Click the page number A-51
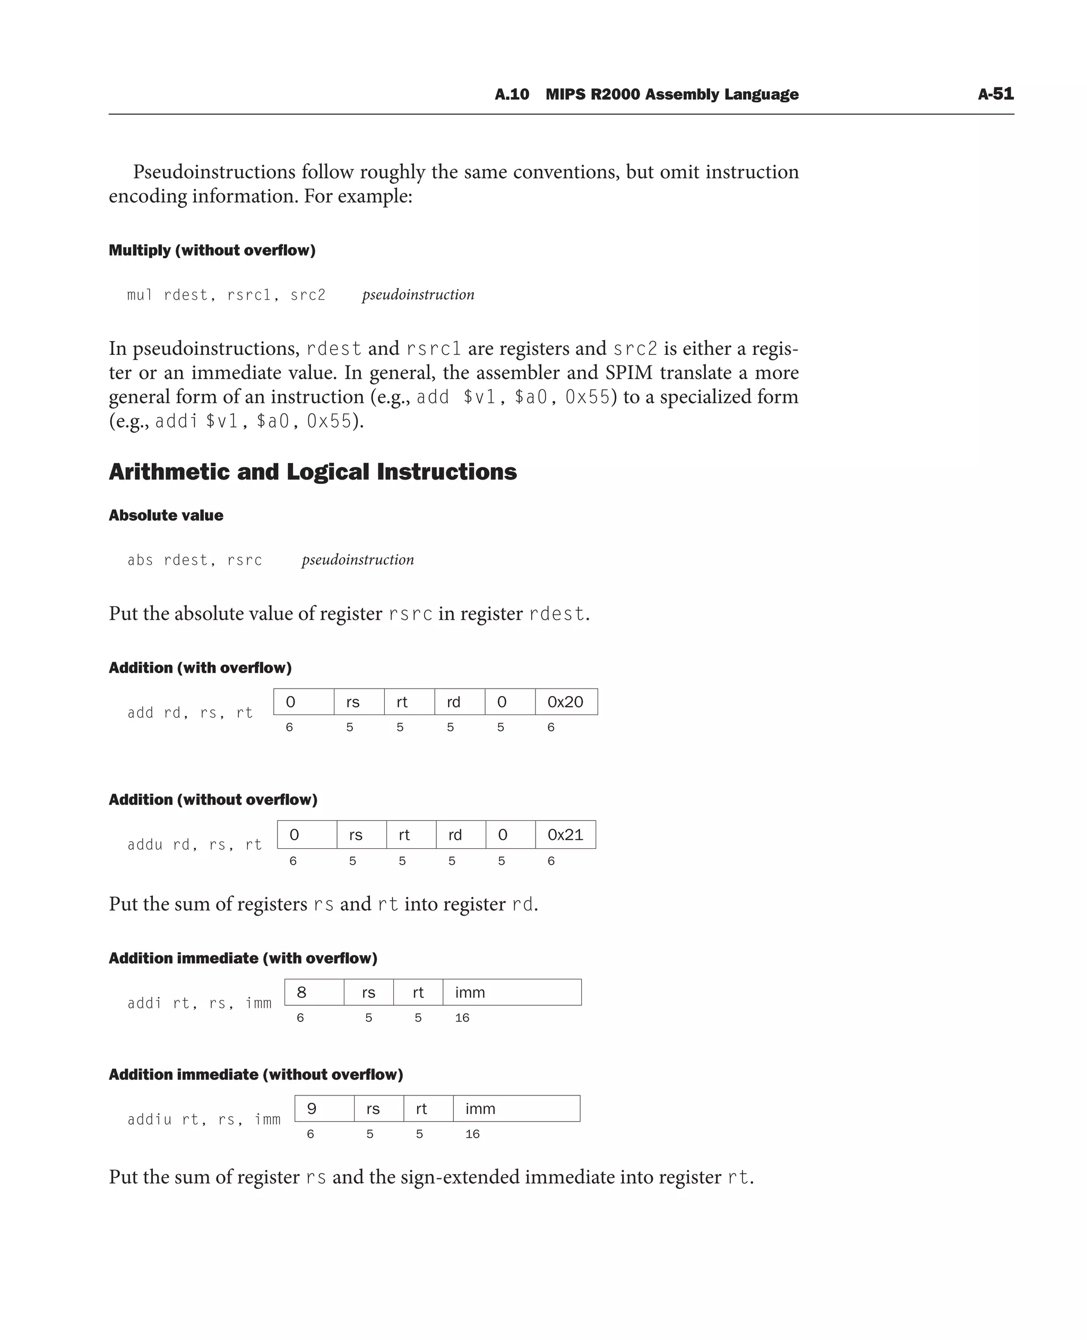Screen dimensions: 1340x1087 click(x=996, y=94)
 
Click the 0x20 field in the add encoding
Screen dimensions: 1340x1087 click(x=566, y=702)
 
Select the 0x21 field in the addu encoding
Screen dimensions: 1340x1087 click(x=565, y=834)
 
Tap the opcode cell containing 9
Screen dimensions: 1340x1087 click(x=324, y=1108)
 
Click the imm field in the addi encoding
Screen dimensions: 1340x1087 click(x=512, y=992)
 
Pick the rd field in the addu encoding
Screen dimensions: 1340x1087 click(x=460, y=834)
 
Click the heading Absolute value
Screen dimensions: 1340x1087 click(x=166, y=515)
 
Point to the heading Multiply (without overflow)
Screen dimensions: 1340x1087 click(x=212, y=250)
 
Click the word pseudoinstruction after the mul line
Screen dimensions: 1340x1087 click(x=418, y=295)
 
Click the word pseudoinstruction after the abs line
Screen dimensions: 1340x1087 click(x=358, y=560)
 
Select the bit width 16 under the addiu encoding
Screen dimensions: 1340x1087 click(x=472, y=1134)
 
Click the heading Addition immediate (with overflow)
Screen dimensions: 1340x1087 click(x=243, y=958)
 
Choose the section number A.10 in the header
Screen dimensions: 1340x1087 click(x=512, y=94)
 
